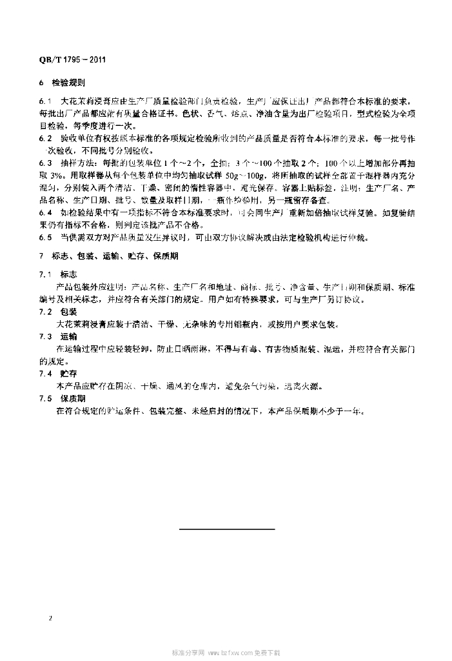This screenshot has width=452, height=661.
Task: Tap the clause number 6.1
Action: click(x=45, y=101)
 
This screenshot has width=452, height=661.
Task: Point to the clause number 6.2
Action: click(x=45, y=138)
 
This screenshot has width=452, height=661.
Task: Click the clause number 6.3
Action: click(x=45, y=163)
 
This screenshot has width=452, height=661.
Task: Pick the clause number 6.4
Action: click(x=45, y=212)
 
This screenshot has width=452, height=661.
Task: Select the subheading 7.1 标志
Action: click(x=59, y=274)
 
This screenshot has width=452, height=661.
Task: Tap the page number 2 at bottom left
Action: click(x=50, y=618)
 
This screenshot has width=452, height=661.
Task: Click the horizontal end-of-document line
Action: click(x=226, y=529)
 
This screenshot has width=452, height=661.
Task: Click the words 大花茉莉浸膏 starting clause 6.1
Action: click(x=84, y=101)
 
